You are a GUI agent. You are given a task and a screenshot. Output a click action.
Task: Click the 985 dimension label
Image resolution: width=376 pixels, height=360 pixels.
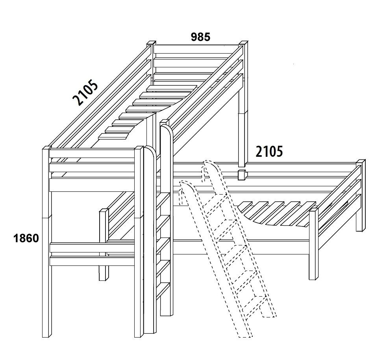[200, 37]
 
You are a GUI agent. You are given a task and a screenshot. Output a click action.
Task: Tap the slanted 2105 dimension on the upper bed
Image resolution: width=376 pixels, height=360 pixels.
[85, 93]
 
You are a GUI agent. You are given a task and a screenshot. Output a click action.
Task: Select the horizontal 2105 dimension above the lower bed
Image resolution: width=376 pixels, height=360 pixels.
[269, 152]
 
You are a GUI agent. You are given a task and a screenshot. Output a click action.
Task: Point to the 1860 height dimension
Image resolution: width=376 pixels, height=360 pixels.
[26, 238]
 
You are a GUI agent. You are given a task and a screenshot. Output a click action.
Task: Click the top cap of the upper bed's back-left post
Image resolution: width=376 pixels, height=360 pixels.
[150, 43]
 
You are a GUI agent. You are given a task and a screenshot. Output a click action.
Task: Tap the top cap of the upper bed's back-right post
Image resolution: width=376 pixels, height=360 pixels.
[243, 43]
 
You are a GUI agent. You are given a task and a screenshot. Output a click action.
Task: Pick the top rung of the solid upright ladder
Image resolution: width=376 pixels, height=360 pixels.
[163, 201]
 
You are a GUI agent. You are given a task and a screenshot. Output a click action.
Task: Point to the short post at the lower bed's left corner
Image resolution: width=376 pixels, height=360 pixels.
[104, 245]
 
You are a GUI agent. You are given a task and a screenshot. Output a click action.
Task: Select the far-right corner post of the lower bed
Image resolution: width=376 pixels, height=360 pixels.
[360, 195]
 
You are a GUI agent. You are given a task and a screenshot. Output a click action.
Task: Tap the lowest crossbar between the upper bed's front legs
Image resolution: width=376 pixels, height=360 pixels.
[92, 261]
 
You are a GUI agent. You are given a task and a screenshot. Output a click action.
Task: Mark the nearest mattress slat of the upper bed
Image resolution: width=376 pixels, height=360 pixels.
[113, 136]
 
